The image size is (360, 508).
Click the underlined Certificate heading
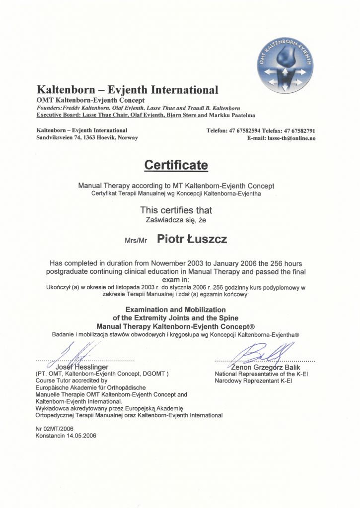(176, 164)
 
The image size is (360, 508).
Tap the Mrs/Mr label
(136, 241)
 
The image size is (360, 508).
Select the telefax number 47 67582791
(299, 131)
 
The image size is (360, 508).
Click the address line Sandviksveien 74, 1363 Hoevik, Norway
(87, 137)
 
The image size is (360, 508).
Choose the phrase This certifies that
(176, 210)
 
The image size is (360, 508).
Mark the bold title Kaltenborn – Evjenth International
(128, 90)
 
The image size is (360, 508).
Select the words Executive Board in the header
(58, 115)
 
